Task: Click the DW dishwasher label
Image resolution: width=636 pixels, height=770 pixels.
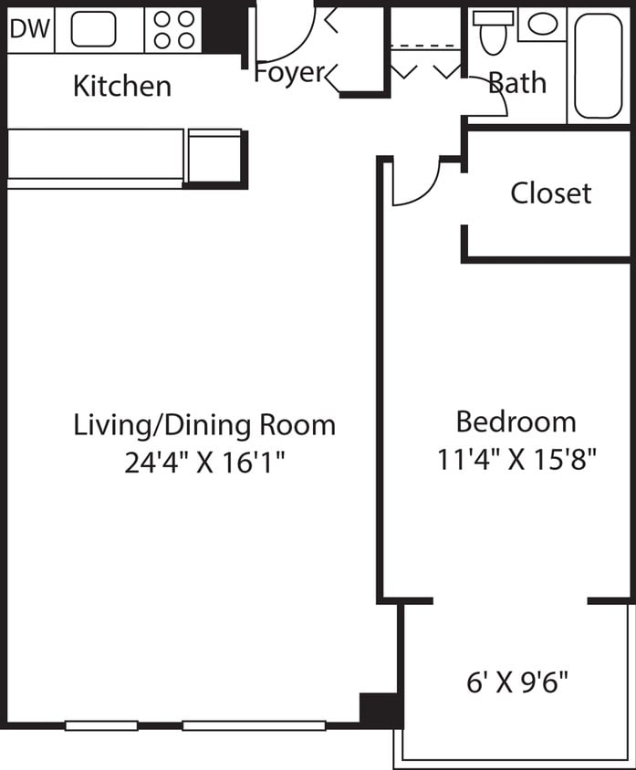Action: point(29,28)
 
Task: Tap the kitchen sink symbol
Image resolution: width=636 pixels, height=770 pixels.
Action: point(93,29)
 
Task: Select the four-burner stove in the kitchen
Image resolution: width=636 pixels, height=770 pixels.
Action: point(173,29)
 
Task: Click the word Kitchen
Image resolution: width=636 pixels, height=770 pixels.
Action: point(121,86)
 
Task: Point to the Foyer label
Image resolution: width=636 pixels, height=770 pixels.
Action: point(289,72)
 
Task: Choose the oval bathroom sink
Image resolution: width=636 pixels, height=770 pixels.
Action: point(542,25)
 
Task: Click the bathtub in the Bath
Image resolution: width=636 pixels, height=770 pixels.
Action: point(599,66)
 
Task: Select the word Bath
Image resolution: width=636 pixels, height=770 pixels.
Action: point(517,83)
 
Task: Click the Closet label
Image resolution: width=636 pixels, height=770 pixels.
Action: point(550,192)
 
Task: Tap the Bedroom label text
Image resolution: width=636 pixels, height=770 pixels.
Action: point(516,421)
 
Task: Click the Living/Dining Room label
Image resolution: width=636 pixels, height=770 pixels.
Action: point(204,424)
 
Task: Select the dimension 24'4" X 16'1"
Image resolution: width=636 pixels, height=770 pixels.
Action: point(204,463)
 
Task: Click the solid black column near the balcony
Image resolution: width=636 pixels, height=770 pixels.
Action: point(380,709)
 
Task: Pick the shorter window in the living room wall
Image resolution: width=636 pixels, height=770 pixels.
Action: point(101,725)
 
